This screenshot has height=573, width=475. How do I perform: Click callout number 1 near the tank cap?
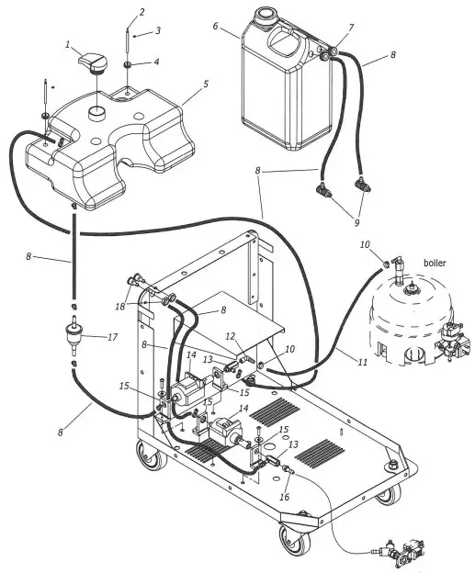[x=68, y=45]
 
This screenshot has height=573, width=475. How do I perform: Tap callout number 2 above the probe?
[x=141, y=12]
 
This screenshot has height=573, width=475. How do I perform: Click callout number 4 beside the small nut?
[x=155, y=62]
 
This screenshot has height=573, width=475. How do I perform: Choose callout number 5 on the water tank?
[x=205, y=84]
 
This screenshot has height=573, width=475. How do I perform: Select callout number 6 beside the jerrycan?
[x=215, y=27]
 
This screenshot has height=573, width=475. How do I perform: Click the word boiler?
[x=434, y=262]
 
